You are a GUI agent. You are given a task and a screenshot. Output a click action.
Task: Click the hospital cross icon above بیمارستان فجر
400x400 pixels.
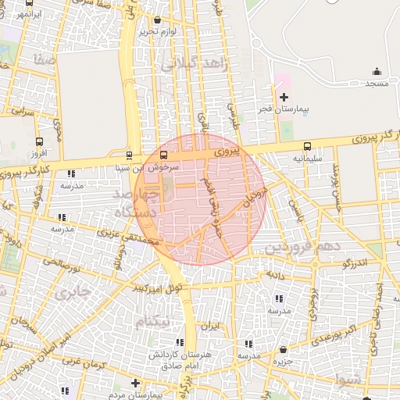284,98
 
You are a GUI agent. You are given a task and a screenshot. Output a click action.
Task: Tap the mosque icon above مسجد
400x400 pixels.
377,71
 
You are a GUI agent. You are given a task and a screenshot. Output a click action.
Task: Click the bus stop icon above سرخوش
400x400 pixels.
163,154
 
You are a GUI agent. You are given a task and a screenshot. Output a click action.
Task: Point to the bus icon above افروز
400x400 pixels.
39,141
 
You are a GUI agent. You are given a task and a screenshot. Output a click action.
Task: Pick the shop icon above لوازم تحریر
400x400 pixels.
159,20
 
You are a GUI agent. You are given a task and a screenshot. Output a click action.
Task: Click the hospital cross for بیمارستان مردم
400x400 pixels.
136,383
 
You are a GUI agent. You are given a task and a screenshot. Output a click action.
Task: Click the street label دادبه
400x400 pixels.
280,275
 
